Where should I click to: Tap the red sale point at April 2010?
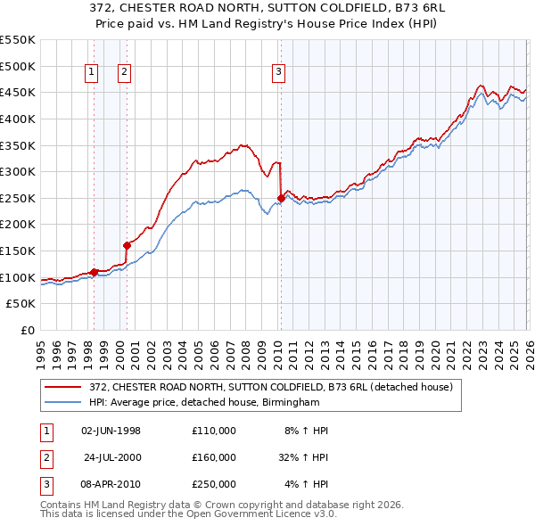pos(281,198)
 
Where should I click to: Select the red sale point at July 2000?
pos(127,245)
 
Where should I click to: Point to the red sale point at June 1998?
pos(94,271)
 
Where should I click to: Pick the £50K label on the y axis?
pos(21,304)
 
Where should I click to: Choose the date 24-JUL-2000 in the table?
pos(111,457)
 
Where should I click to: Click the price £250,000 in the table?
pos(214,484)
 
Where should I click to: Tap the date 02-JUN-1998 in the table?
pos(111,431)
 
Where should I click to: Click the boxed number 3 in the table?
pos(44,484)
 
